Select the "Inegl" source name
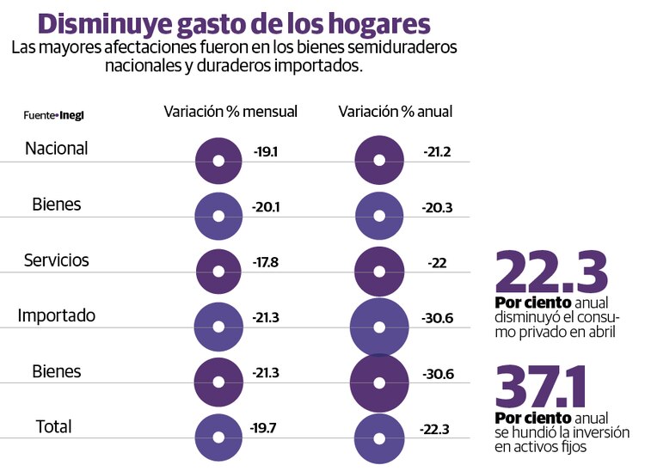(72, 114)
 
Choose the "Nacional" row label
(57, 148)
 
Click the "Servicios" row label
(57, 260)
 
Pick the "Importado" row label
(57, 315)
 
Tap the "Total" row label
(54, 426)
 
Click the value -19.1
(267, 152)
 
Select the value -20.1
(267, 207)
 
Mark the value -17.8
(267, 262)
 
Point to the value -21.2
(437, 152)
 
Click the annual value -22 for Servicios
(437, 262)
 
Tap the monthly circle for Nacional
(218, 160)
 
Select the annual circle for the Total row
(378, 436)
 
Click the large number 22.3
(551, 271)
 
